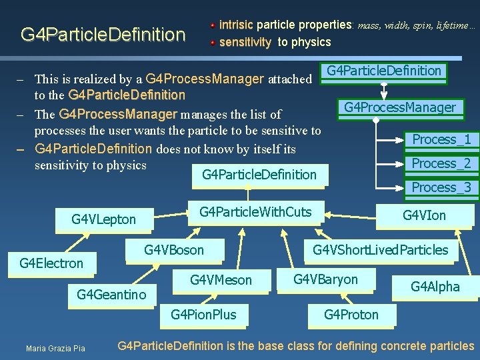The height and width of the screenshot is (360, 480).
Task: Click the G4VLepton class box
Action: (104, 219)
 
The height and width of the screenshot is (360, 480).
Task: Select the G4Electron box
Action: (51, 263)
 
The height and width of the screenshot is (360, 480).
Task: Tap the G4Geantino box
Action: (111, 294)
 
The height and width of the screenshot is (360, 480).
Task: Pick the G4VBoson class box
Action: (175, 250)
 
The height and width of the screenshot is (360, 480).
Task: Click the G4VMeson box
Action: (221, 280)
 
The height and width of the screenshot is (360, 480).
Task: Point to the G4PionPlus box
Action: (203, 314)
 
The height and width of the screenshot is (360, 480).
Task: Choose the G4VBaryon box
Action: (325, 279)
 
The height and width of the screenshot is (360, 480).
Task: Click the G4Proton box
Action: (351, 314)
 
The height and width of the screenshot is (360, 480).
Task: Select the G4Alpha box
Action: (435, 287)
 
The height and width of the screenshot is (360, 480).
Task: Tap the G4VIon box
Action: (424, 215)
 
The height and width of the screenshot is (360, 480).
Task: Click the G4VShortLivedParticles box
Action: (381, 250)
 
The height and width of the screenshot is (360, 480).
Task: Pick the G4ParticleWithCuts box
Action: (255, 212)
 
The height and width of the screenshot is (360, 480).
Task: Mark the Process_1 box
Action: (441, 139)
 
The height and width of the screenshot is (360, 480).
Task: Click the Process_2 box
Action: (441, 163)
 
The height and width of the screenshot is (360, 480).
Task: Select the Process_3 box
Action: (441, 187)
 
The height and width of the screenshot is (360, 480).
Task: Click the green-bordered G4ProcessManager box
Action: (400, 107)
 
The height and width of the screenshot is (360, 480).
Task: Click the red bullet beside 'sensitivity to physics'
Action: (213, 42)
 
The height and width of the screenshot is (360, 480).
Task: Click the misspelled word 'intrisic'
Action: (236, 25)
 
